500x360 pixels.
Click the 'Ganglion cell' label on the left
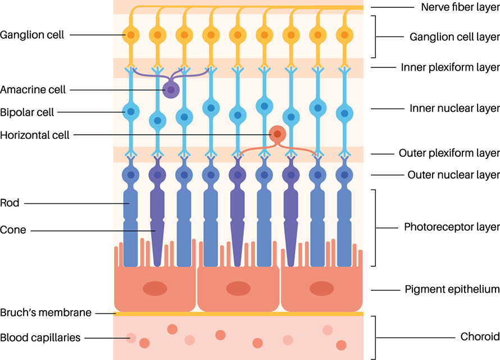point(32,35)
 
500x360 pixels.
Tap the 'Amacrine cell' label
point(33,89)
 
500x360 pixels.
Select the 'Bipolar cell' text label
point(27,112)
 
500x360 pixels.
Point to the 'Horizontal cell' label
point(35,135)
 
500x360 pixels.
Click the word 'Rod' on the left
point(10,203)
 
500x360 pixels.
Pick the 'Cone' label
point(13,230)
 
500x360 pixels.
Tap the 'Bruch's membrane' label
point(46,313)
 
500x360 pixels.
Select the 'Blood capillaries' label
point(40,338)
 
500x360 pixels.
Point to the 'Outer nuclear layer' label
point(453,175)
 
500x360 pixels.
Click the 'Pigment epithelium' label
point(452,290)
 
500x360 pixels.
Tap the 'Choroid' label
point(479,337)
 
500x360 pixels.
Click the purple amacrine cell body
point(171,90)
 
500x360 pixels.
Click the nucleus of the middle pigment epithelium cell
point(239,289)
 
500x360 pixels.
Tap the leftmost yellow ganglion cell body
point(130,35)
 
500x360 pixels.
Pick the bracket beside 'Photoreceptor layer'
point(375,227)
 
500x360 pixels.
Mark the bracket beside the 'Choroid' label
point(375,337)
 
